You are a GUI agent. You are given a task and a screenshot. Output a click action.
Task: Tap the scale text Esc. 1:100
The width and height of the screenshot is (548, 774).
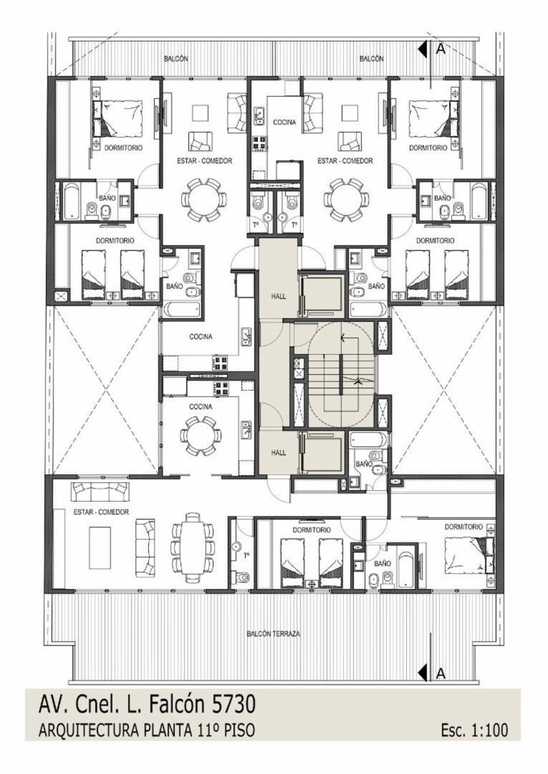[x=475, y=748]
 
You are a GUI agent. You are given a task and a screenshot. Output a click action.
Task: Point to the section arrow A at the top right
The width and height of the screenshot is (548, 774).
[x=422, y=50]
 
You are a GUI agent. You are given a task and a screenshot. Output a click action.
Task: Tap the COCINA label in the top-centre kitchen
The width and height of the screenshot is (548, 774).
[x=284, y=122]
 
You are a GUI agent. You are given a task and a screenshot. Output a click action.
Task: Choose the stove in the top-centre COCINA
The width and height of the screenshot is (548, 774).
[x=260, y=143]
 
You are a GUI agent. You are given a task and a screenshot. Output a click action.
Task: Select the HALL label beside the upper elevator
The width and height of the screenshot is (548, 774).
[x=279, y=296]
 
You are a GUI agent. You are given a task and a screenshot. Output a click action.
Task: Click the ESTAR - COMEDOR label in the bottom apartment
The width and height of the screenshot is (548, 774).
[x=101, y=512]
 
